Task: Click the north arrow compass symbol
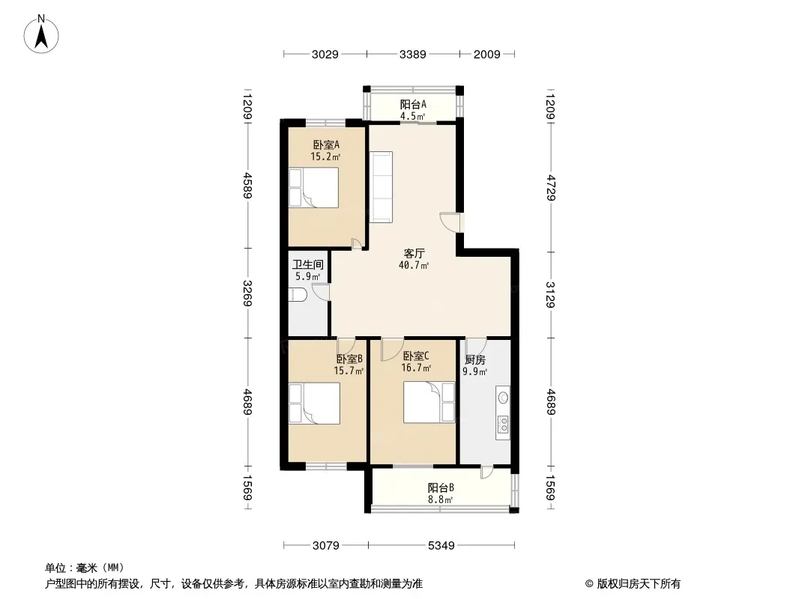[41, 34]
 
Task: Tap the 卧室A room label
[326, 145]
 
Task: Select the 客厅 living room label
[414, 253]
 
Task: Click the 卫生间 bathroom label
[308, 264]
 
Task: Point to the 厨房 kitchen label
[475, 360]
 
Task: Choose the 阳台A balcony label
[413, 104]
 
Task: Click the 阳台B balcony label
[441, 487]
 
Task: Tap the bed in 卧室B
[314, 403]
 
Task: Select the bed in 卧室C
[429, 402]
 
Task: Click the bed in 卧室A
[313, 187]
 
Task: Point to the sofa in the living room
[381, 186]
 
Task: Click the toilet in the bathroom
[298, 295]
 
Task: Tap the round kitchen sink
[504, 397]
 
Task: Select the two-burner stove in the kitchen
[503, 425]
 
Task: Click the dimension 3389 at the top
[413, 54]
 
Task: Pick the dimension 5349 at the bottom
[441, 546]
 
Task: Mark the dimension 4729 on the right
[550, 188]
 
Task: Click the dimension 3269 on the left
[247, 294]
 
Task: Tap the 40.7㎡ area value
[414, 265]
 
